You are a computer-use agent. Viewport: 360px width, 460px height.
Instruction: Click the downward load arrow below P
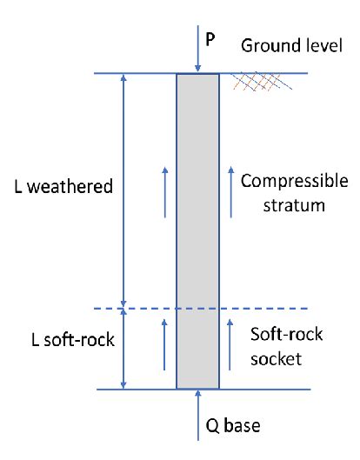pyautogui.click(x=198, y=55)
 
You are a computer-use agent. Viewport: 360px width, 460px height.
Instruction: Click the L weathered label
pyautogui.click(x=64, y=187)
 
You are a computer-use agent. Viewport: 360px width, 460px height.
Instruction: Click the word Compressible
pyautogui.click(x=294, y=181)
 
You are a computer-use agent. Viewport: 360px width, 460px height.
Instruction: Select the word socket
pyautogui.click(x=276, y=357)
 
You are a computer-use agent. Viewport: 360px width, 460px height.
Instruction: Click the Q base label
pyautogui.click(x=228, y=427)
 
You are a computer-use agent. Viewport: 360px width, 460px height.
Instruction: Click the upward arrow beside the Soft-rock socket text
pyautogui.click(x=230, y=338)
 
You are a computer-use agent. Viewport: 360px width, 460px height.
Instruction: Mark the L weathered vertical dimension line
pyautogui.click(x=123, y=188)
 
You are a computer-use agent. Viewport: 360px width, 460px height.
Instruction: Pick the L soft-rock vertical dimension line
pyautogui.click(x=123, y=349)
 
